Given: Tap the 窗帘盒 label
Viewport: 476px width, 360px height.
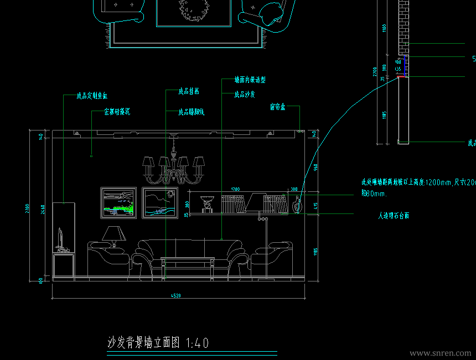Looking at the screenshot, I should click(277, 107).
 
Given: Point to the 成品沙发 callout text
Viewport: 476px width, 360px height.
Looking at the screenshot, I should click(244, 95).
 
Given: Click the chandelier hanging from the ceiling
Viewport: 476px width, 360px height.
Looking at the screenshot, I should click(174, 169).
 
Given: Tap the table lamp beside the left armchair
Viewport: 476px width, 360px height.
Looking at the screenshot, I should click(114, 235).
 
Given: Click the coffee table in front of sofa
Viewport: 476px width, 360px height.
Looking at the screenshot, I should click(187, 264).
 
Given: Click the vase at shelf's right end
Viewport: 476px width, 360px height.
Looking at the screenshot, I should click(297, 205).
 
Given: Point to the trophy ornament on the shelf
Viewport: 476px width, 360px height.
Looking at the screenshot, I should click(206, 204).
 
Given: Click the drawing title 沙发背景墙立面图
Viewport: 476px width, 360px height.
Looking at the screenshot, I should click(144, 343).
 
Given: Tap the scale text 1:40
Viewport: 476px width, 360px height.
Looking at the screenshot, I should click(198, 343).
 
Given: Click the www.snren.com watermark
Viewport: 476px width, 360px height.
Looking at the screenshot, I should click(441, 353).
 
